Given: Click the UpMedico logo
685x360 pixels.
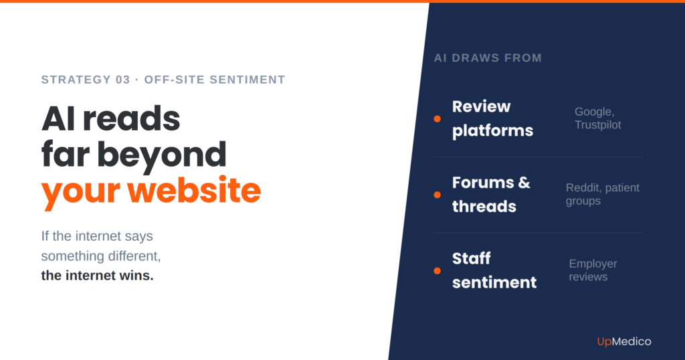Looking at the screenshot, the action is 624,342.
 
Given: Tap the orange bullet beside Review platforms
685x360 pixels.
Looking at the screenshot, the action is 437,119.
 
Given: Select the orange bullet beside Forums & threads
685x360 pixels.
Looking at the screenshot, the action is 437,195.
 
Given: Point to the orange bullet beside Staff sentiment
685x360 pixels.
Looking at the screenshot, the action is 437,271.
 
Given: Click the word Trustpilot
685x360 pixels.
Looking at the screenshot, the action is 597,125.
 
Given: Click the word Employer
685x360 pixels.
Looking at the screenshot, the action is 593,264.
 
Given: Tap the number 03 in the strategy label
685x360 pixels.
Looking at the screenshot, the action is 123,80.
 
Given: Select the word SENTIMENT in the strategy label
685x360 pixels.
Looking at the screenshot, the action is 248,80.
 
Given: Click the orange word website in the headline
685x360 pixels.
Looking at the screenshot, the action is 194,191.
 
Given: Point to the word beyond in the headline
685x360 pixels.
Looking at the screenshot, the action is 162,155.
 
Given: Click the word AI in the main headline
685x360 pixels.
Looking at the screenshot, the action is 58,119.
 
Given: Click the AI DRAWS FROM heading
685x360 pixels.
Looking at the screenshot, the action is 488,58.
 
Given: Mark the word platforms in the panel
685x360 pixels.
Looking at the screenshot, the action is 493,130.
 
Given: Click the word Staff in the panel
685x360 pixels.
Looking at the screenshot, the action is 472,258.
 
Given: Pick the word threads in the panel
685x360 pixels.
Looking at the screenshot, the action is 484,206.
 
